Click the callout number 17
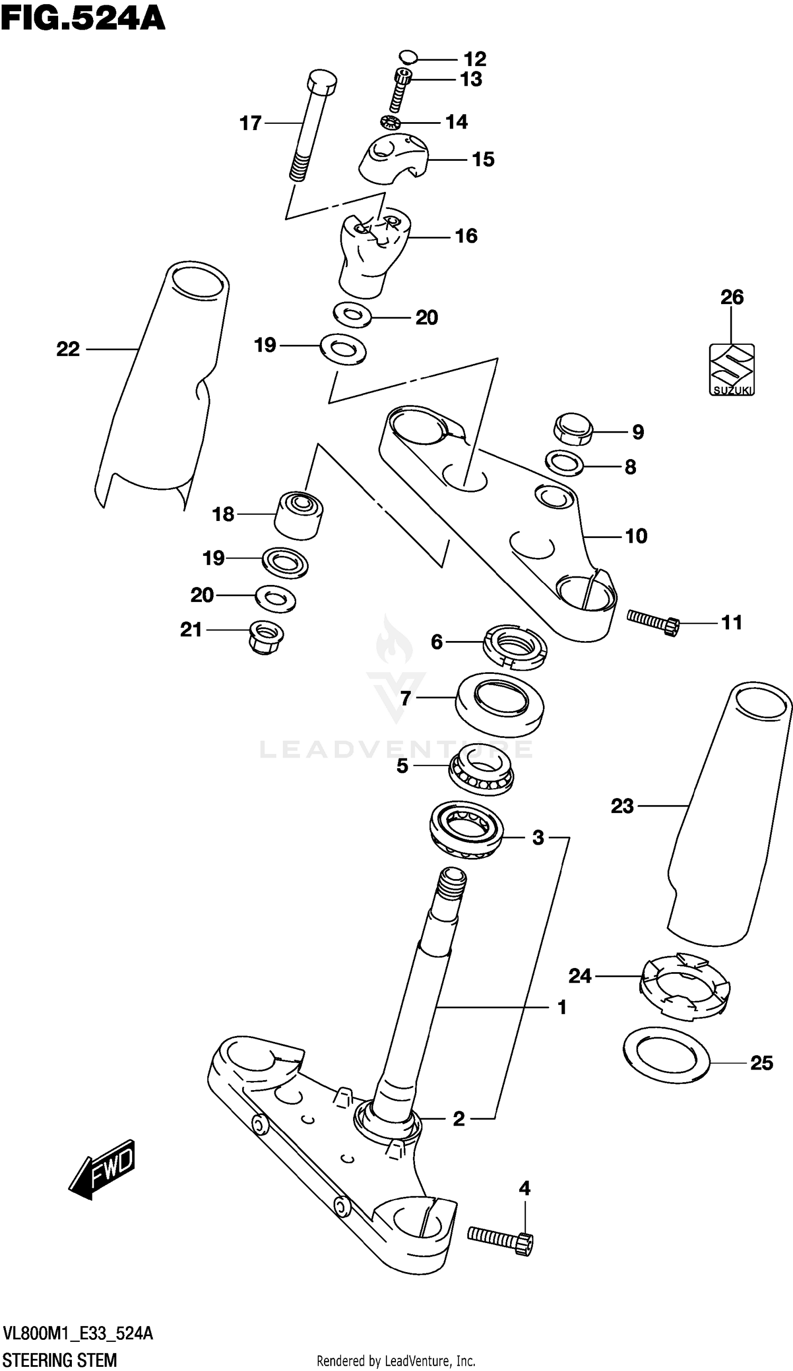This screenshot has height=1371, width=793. point(250,123)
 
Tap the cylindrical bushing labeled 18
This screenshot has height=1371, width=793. point(298,514)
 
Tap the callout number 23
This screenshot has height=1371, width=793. point(622,806)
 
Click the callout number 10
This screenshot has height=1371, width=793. point(636,536)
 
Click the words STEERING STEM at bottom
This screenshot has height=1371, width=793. point(60,1359)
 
